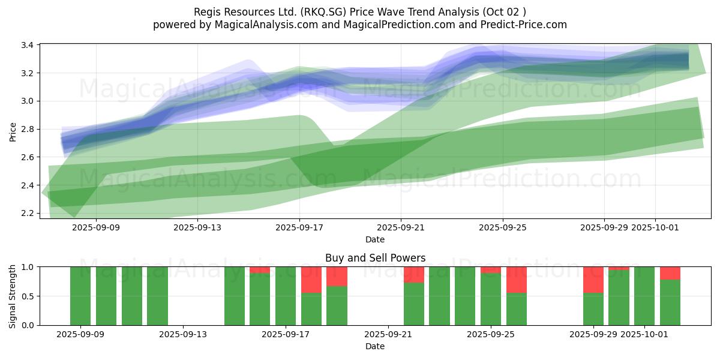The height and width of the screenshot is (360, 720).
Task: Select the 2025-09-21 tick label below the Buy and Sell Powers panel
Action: point(388,335)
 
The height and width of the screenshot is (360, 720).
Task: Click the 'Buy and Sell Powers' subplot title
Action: point(375,258)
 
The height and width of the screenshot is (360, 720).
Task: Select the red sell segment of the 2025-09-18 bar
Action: point(311,280)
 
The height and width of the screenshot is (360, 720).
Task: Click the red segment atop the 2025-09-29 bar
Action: point(593,280)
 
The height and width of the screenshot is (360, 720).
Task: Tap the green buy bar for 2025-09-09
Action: point(80,296)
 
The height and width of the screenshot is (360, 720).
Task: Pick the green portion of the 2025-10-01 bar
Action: point(644,296)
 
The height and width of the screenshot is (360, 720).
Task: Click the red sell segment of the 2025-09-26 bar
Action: point(516,280)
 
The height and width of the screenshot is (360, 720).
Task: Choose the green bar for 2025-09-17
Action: point(286,296)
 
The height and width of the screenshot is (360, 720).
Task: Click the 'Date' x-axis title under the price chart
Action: point(375,239)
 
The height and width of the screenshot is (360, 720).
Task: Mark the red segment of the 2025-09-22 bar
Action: point(414,274)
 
